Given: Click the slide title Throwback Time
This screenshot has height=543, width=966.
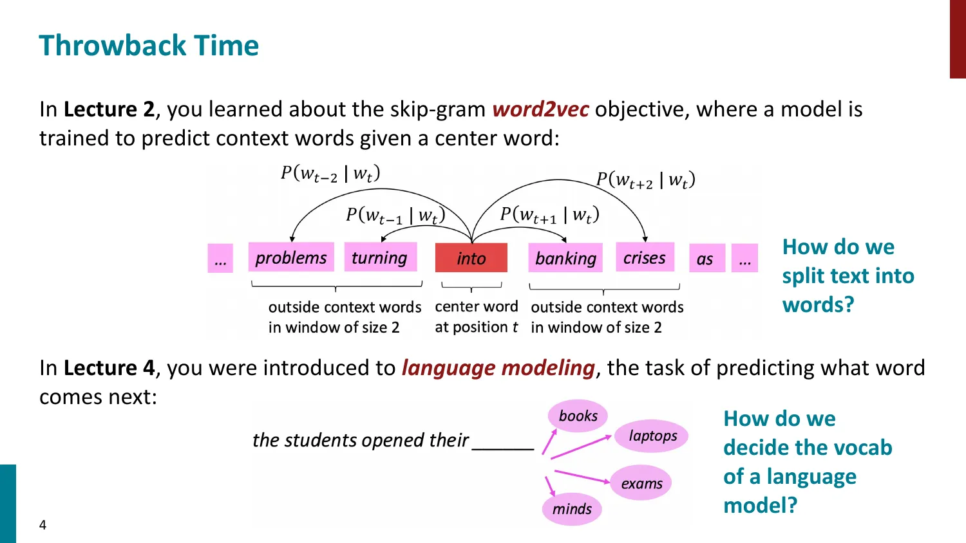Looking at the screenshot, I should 149,46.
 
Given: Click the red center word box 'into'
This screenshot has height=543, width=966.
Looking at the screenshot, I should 471,258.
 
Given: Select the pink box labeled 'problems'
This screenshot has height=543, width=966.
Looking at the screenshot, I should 291,257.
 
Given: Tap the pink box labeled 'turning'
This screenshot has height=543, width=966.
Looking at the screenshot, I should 380,257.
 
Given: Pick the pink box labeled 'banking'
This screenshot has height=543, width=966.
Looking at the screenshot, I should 565,258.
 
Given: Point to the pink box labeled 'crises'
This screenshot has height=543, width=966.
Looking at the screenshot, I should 645,257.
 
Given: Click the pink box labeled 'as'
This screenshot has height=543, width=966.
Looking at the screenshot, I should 706,259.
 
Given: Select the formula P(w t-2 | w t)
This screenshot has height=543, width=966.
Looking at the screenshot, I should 330,173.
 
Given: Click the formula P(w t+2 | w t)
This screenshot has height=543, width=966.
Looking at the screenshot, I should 645,179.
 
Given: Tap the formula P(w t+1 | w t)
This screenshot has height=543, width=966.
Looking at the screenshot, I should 549,214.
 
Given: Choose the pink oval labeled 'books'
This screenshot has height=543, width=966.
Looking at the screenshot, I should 578,416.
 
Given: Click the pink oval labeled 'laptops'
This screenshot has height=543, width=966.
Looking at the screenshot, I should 652,436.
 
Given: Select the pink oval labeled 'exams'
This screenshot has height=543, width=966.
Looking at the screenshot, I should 641,483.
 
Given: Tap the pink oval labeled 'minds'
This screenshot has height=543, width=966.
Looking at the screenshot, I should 571,509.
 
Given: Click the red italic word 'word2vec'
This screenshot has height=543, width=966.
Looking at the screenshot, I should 540,109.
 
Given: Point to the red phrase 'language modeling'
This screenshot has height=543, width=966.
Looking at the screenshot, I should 498,368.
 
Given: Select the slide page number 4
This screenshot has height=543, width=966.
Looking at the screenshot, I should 43,525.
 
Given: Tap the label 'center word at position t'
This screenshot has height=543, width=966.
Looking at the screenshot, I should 476,317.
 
